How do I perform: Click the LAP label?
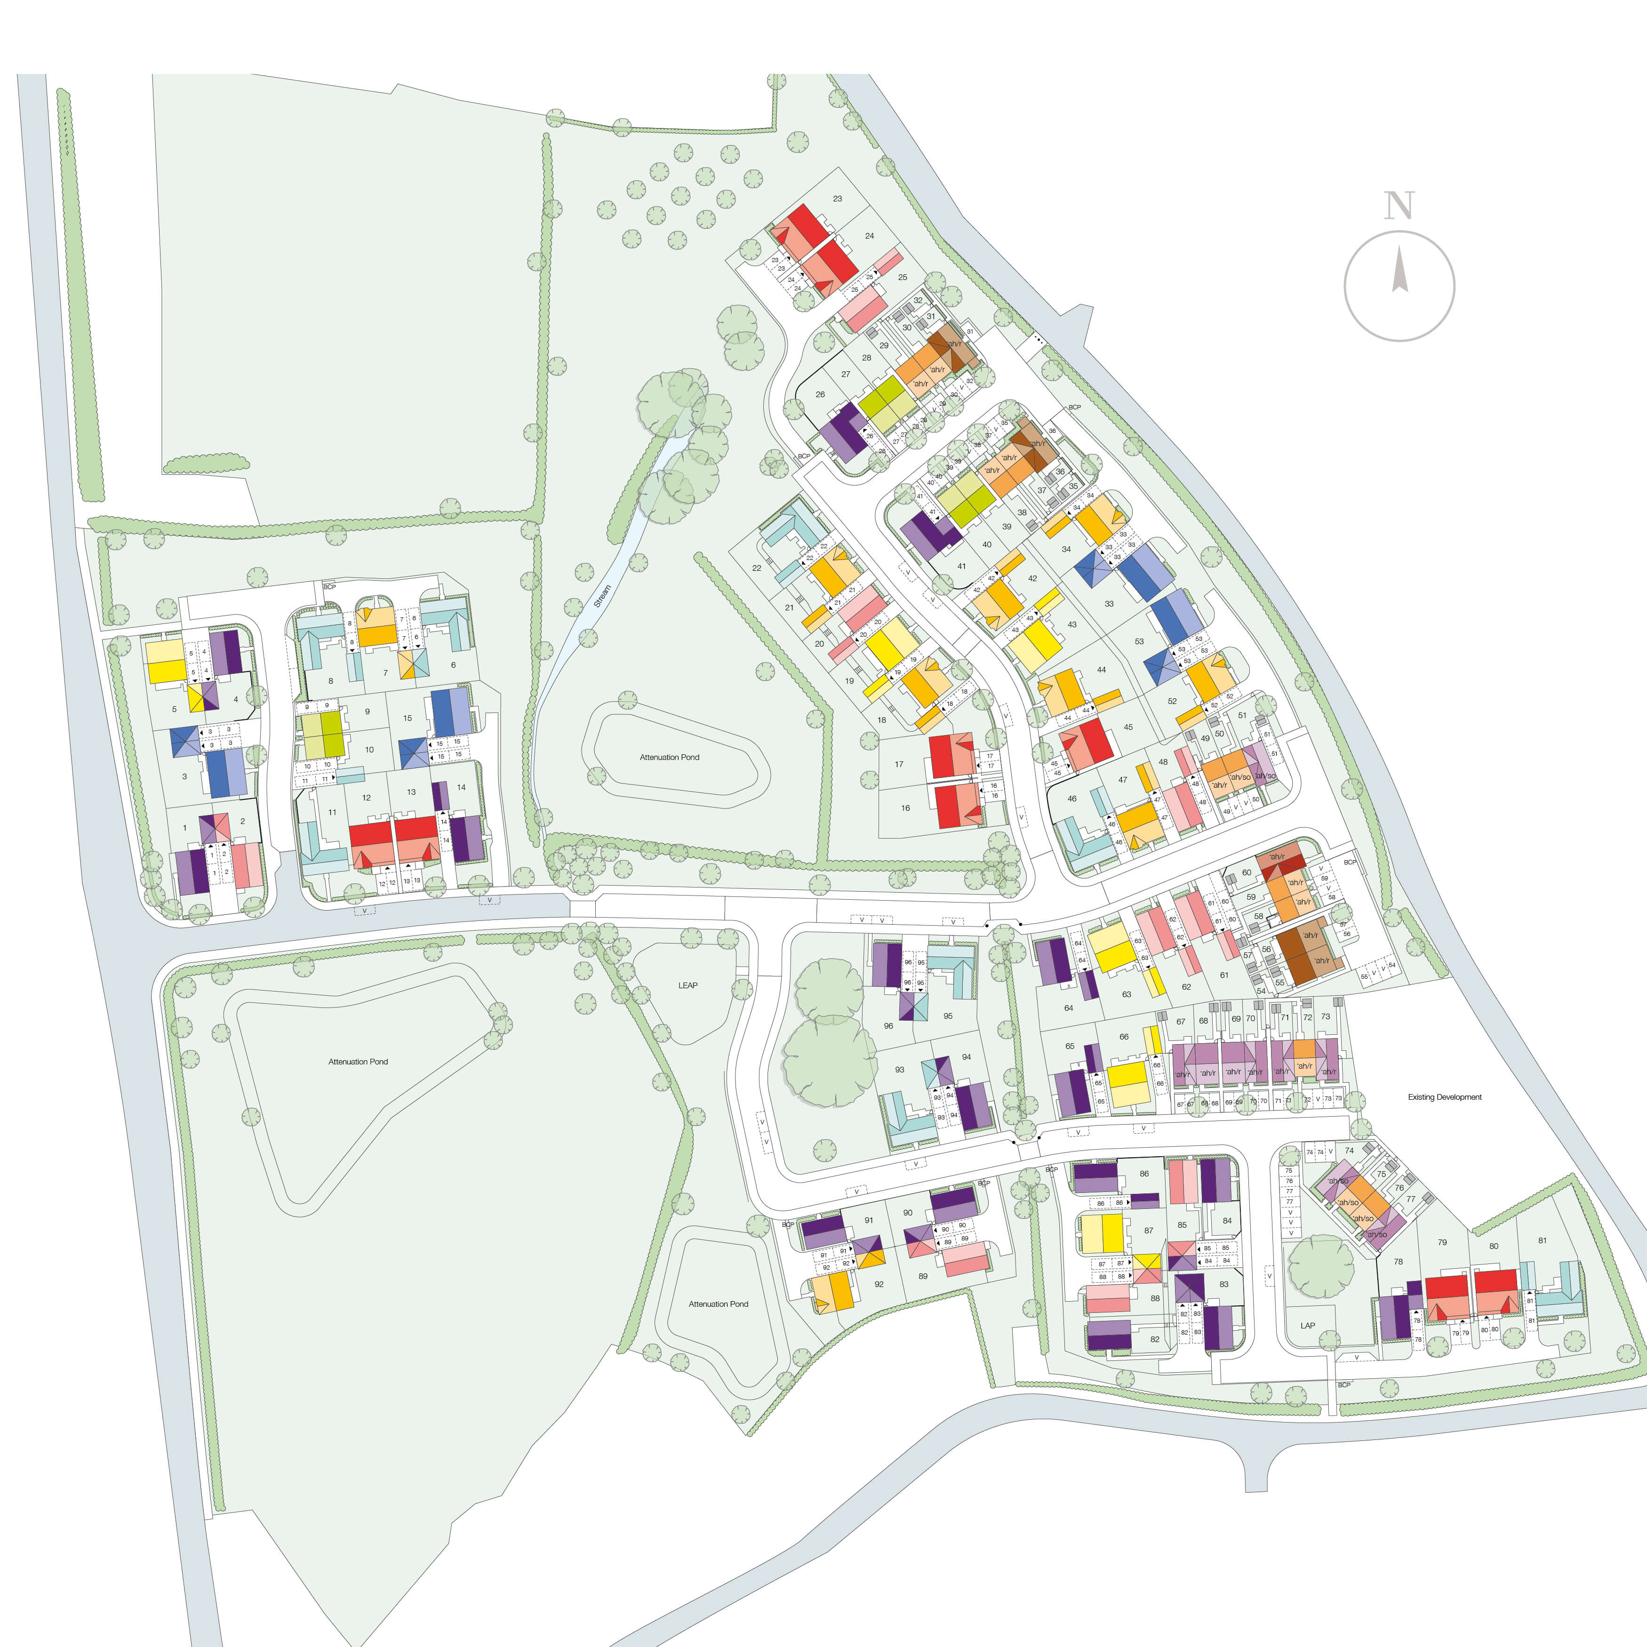click(1308, 1326)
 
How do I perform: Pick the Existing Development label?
click(1444, 1097)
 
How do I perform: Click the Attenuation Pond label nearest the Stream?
click(669, 757)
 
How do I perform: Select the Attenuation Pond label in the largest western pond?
click(358, 1061)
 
